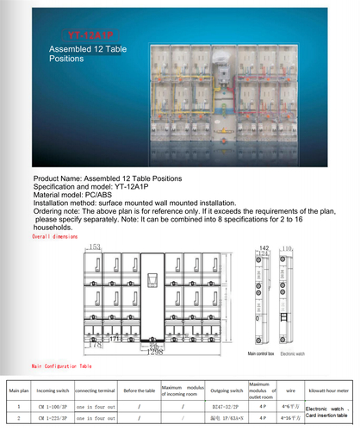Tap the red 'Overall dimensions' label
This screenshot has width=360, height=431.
pyautogui.click(x=54, y=234)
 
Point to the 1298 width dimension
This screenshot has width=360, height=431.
pyautogui.click(x=156, y=352)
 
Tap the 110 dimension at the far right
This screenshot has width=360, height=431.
pyautogui.click(x=286, y=248)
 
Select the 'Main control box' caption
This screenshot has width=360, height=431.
pyautogui.click(x=260, y=353)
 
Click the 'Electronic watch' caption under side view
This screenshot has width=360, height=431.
pyautogui.click(x=295, y=353)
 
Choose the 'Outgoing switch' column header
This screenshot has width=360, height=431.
pyautogui.click(x=227, y=390)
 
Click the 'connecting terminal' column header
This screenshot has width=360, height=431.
pyautogui.click(x=95, y=390)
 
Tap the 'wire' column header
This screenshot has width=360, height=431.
pyautogui.click(x=290, y=390)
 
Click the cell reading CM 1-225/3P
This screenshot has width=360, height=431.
pyautogui.click(x=53, y=417)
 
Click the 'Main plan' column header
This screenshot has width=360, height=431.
pyautogui.click(x=18, y=390)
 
